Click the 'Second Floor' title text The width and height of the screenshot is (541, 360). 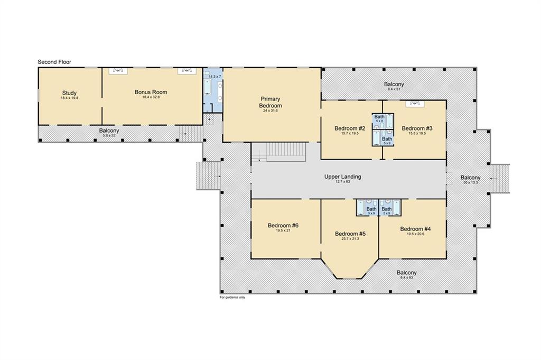54,62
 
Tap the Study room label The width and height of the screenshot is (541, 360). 69,93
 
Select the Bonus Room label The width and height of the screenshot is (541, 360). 151,92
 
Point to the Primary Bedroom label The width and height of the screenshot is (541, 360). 270,102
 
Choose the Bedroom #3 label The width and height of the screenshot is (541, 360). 417,128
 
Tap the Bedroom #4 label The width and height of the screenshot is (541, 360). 415,229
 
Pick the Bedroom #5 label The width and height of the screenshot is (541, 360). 350,234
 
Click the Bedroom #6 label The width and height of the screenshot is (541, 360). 283,225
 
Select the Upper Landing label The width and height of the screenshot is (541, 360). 342,177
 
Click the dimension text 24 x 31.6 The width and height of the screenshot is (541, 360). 270,111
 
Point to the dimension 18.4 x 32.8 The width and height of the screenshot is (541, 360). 151,97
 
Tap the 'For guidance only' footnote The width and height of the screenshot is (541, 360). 232,297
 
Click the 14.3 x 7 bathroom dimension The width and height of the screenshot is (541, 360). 214,76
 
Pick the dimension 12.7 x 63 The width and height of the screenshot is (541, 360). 342,181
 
